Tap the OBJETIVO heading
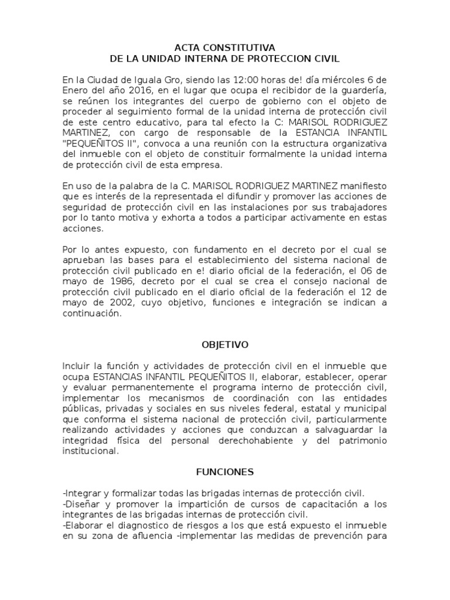click(x=224, y=345)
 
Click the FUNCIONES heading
click(x=224, y=471)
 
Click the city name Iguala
click(x=138, y=79)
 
